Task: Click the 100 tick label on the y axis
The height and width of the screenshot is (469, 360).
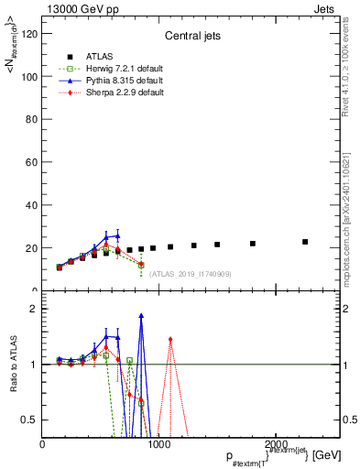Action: tap(29, 77)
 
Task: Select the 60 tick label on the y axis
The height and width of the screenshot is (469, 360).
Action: tap(32, 162)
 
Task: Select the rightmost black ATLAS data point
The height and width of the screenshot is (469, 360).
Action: tap(305, 242)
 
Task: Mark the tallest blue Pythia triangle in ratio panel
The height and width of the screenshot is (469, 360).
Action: tap(141, 315)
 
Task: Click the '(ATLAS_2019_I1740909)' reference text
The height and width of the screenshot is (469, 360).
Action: tap(190, 273)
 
